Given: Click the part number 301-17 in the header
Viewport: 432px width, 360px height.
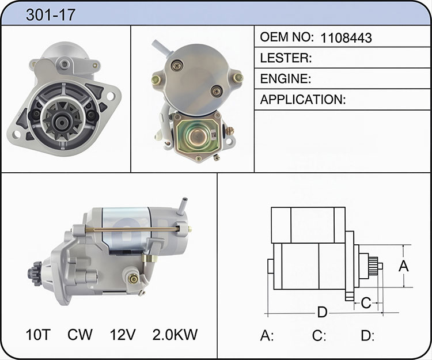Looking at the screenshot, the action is [x=51, y=15].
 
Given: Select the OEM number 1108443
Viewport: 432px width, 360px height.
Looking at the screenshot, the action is [x=346, y=38].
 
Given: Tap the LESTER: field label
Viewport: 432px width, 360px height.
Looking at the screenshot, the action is [x=286, y=58].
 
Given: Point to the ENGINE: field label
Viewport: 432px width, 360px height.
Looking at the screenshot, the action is [x=286, y=79].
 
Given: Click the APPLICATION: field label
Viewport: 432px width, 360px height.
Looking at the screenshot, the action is [x=303, y=100].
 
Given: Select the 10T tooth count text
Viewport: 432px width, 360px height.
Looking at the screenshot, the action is [x=38, y=335].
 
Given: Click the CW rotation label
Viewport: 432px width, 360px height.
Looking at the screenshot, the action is [x=80, y=335].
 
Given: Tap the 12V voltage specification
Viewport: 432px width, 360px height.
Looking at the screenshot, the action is [x=123, y=335].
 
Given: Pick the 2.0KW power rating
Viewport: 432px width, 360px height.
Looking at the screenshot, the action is [x=175, y=335].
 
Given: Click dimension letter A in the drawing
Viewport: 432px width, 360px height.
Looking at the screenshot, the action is [x=404, y=266].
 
